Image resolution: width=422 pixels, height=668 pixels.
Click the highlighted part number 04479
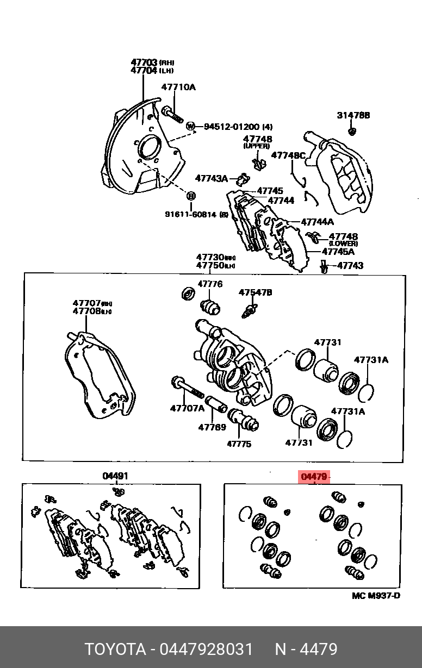click(314, 477)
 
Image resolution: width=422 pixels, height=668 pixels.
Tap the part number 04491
click(115, 477)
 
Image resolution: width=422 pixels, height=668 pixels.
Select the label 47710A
click(178, 87)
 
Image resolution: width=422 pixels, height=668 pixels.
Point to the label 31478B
click(353, 115)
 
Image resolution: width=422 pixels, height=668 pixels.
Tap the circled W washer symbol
click(190, 127)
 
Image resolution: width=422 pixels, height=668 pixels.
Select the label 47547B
click(255, 292)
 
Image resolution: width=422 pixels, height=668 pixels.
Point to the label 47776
click(210, 284)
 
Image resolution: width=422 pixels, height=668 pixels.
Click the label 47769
click(212, 427)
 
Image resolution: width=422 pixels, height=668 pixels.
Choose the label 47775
click(239, 444)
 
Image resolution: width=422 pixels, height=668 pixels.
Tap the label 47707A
click(187, 408)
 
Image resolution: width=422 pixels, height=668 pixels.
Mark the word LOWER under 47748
click(343, 244)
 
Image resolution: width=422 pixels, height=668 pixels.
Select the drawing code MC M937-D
click(376, 595)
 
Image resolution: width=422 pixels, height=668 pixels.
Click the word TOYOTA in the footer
click(115, 649)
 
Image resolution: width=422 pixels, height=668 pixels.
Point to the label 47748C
click(288, 155)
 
